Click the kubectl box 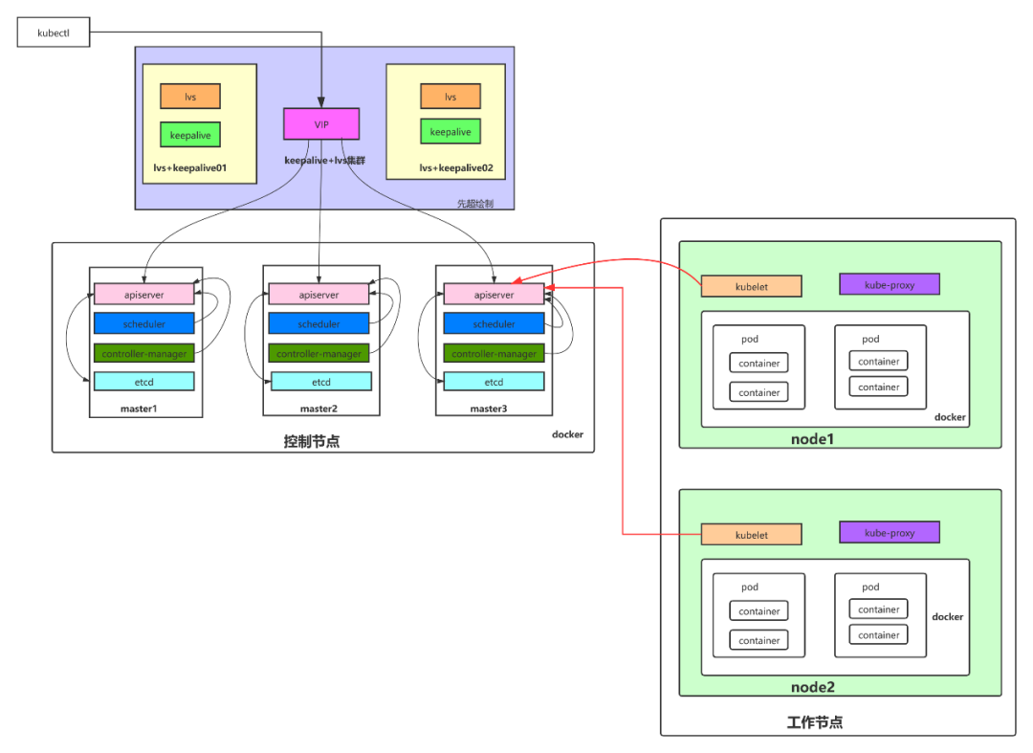[x=53, y=33]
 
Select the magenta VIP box [x=321, y=124]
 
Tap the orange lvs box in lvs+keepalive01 [x=190, y=97]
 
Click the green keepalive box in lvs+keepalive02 [x=451, y=132]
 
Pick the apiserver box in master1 [x=144, y=295]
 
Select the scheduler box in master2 [x=319, y=324]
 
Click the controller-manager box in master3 [x=494, y=353]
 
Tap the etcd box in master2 [x=320, y=382]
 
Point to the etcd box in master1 [x=144, y=382]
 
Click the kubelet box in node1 [x=751, y=286]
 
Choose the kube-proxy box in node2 [x=890, y=533]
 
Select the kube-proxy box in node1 [x=890, y=284]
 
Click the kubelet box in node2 [x=751, y=535]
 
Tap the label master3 [x=488, y=409]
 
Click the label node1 [x=813, y=439]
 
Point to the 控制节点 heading [x=311, y=441]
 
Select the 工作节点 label [x=814, y=722]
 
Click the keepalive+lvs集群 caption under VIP [x=324, y=160]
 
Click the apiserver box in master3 [x=494, y=295]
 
